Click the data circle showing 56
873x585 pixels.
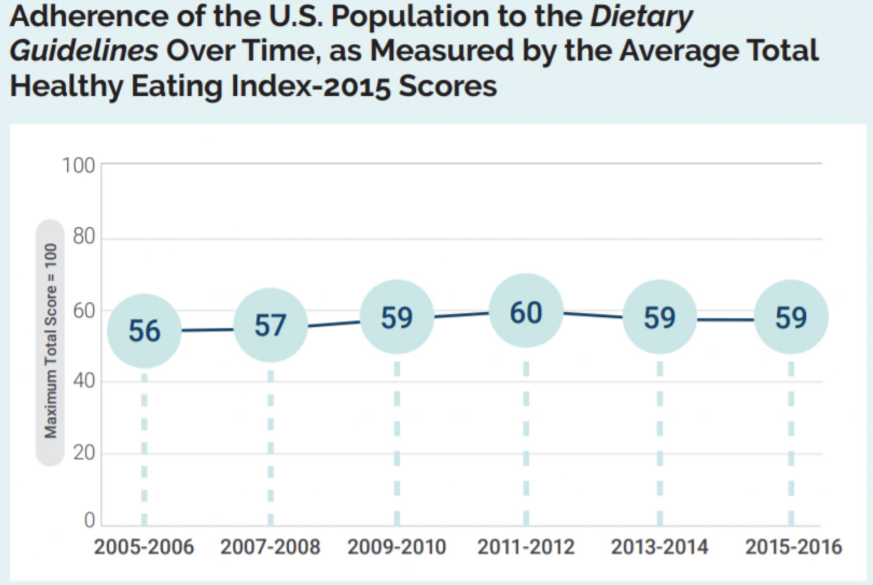click(144, 331)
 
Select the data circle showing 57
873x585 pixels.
click(270, 325)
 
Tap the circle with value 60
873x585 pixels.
click(526, 311)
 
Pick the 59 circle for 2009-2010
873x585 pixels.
click(396, 317)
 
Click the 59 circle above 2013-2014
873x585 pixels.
click(659, 317)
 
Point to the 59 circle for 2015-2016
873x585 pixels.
click(791, 317)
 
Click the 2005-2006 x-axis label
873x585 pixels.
click(144, 547)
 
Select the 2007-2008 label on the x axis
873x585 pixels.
click(270, 547)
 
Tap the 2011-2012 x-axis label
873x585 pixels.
click(526, 547)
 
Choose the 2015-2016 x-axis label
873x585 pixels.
click(793, 547)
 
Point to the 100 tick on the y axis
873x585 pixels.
click(78, 166)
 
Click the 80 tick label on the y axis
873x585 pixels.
click(84, 236)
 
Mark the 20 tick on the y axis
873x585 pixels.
click(84, 453)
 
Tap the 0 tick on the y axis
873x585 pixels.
click(90, 520)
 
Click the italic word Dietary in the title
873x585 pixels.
click(641, 16)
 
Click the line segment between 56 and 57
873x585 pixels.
click(207, 330)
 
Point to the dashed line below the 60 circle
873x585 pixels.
click(526, 441)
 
